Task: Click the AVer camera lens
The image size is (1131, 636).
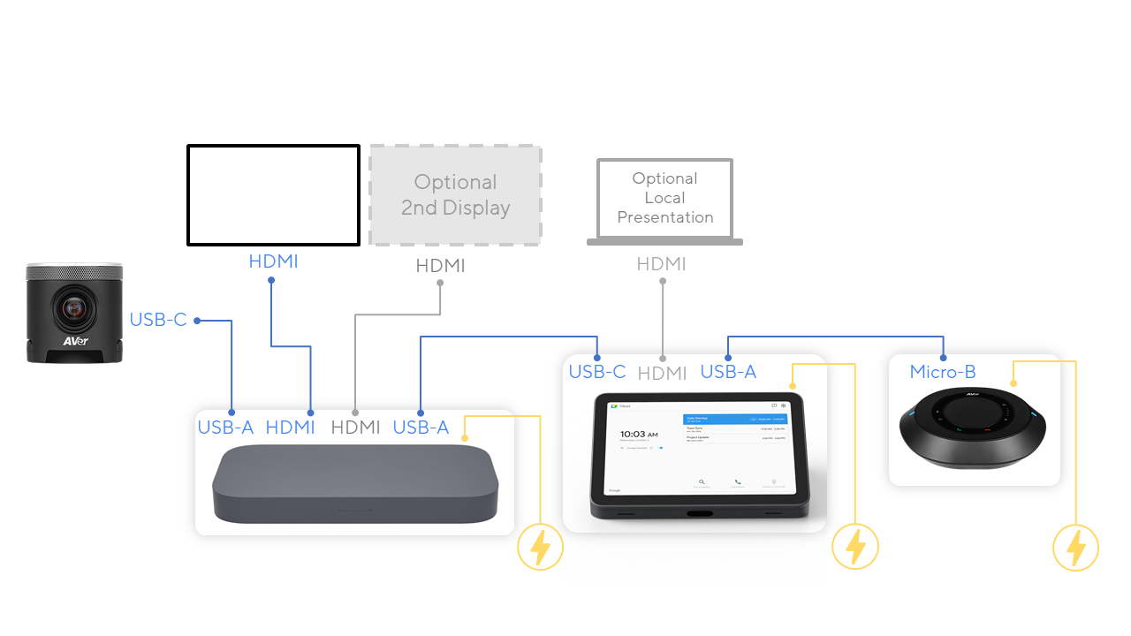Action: (74, 308)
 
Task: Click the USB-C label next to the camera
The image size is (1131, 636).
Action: (158, 320)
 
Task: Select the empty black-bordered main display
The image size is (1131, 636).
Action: (273, 195)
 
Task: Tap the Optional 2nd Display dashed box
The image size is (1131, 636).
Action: (455, 195)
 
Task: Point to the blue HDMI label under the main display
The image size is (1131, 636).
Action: (273, 261)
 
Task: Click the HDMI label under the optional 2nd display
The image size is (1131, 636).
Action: (440, 266)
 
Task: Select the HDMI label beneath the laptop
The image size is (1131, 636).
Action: (661, 264)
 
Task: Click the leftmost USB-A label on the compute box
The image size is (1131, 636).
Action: (225, 428)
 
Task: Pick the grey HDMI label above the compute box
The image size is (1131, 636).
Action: (355, 428)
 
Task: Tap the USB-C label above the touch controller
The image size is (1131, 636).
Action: (597, 372)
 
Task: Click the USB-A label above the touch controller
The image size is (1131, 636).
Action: (728, 372)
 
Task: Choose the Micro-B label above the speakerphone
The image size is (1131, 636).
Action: (943, 372)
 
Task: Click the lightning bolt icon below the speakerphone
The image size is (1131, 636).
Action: (1075, 548)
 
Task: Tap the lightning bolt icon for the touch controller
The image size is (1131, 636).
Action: (855, 547)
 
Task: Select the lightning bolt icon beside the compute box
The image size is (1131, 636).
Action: (540, 548)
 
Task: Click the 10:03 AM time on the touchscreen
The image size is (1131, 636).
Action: (640, 435)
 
